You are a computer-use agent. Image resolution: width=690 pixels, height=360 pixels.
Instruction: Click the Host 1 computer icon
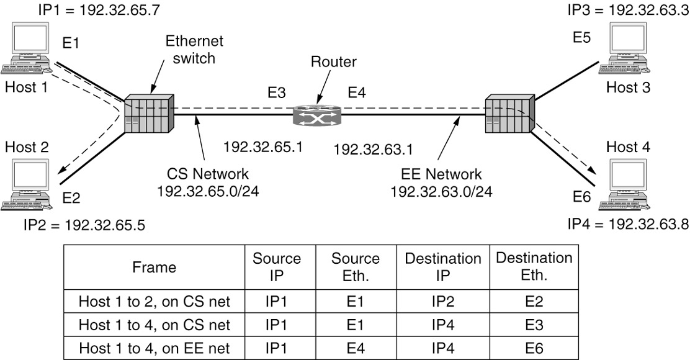(28, 50)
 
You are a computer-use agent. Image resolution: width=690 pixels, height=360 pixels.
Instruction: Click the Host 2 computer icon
(28, 183)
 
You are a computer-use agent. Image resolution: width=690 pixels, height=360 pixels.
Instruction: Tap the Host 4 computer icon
(628, 183)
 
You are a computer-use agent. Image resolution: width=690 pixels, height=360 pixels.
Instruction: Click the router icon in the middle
(318, 114)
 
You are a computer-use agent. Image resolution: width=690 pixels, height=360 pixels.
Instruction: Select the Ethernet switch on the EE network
(509, 113)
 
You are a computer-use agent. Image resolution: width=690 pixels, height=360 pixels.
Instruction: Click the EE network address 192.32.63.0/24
(441, 191)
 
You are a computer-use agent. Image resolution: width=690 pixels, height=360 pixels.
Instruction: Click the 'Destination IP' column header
(443, 267)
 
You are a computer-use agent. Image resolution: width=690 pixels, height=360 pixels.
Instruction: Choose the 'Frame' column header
(155, 268)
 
